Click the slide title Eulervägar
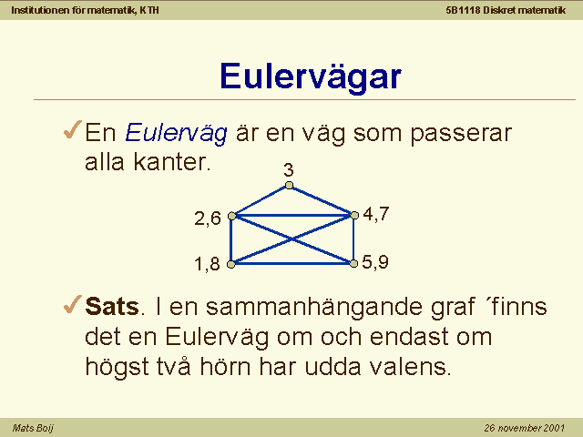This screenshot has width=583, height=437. pyautogui.click(x=311, y=77)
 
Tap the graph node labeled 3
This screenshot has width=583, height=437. pyautogui.click(x=289, y=185)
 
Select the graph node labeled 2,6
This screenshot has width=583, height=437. pyautogui.click(x=231, y=216)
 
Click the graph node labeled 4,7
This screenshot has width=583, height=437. pyautogui.click(x=354, y=215)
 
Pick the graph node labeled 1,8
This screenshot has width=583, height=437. pyautogui.click(x=230, y=264)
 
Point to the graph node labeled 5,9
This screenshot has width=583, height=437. pyautogui.click(x=353, y=263)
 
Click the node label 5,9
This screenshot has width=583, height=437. pyautogui.click(x=375, y=262)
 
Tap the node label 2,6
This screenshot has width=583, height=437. pyautogui.click(x=208, y=218)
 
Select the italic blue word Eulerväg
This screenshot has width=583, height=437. pyautogui.click(x=176, y=134)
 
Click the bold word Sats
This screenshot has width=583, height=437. pyautogui.click(x=112, y=307)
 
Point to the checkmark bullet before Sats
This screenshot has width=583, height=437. pyautogui.click(x=73, y=304)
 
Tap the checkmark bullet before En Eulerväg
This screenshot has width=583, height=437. pyautogui.click(x=73, y=129)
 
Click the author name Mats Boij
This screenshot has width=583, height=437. pyautogui.click(x=33, y=428)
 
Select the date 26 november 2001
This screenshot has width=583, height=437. pyautogui.click(x=525, y=428)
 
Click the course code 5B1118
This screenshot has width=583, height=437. pyautogui.click(x=463, y=10)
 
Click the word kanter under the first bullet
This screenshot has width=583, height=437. pyautogui.click(x=172, y=162)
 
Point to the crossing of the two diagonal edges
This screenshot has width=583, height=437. pyautogui.click(x=292, y=239)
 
